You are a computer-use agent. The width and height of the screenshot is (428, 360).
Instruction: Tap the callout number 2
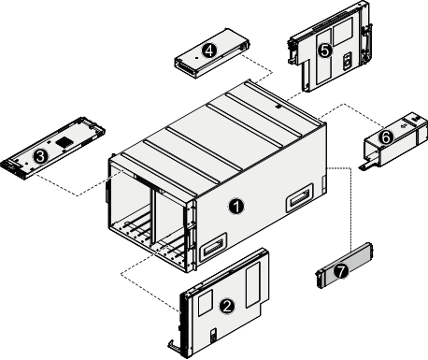pyautogui.click(x=226, y=305)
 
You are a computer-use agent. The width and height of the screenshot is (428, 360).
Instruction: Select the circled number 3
pyautogui.click(x=40, y=155)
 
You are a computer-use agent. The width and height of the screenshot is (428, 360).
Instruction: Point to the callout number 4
pyautogui.click(x=209, y=50)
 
